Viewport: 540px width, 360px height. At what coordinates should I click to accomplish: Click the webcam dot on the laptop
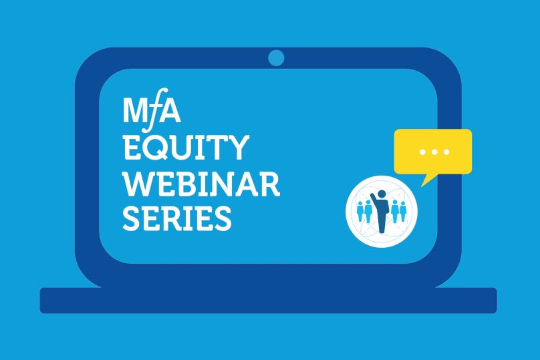(276, 58)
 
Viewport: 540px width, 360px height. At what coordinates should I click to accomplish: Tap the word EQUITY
(186, 148)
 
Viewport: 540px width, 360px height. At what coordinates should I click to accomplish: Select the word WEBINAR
(201, 184)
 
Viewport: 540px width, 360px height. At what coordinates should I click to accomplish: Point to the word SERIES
(177, 218)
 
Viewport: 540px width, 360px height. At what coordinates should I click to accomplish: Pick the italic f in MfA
(154, 110)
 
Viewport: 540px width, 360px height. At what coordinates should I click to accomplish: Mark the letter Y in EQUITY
(238, 148)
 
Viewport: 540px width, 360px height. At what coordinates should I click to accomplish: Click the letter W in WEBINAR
(138, 184)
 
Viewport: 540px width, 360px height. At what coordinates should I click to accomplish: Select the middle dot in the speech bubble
(434, 152)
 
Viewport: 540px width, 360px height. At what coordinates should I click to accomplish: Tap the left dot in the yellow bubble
(422, 152)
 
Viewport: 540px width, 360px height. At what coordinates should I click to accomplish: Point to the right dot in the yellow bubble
(446, 152)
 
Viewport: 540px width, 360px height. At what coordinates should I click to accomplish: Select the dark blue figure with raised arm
(380, 212)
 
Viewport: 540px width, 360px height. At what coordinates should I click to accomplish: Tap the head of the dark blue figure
(382, 194)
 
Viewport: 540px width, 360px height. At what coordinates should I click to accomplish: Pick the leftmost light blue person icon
(360, 212)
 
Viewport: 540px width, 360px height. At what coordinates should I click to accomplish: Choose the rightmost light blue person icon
(403, 212)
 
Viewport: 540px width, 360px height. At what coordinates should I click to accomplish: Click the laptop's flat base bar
(268, 301)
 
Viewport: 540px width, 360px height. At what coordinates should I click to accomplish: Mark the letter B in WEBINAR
(187, 184)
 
